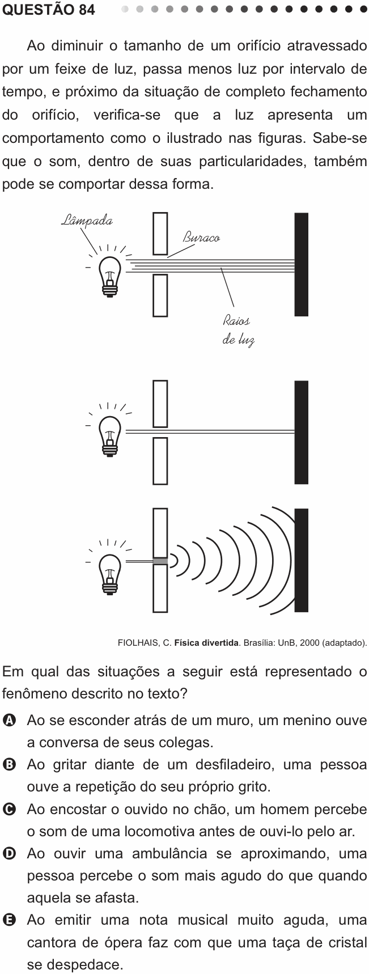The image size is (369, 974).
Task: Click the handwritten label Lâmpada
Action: (x=86, y=221)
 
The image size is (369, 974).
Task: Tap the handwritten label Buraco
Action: (x=201, y=238)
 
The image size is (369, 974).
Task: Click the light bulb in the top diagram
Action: (x=110, y=276)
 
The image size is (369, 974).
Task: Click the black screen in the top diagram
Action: (x=302, y=264)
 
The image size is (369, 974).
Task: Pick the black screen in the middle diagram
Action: (x=302, y=432)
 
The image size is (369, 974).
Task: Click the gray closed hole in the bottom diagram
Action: (x=160, y=561)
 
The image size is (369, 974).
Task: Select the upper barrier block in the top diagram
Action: (x=160, y=233)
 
